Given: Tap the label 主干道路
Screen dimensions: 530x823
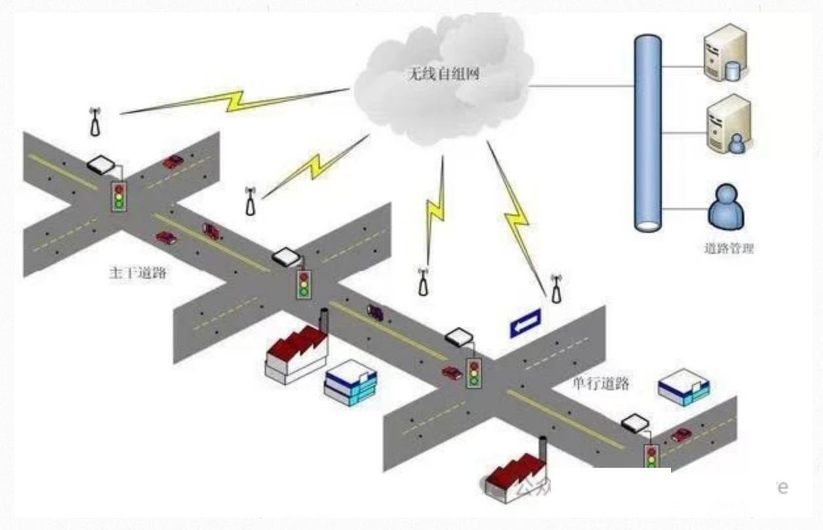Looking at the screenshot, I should (137, 273).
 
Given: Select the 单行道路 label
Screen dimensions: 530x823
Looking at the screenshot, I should (600, 383).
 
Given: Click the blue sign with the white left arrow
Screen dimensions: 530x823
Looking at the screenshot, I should (526, 322).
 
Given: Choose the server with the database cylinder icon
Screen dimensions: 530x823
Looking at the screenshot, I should (725, 52).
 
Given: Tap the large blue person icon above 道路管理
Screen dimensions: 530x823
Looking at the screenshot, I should (726, 207).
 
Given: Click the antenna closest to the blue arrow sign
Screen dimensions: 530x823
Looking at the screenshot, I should (556, 289).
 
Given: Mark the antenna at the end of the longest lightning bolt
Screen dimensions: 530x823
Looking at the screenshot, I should (96, 122).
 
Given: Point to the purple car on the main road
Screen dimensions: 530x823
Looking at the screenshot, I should (375, 311).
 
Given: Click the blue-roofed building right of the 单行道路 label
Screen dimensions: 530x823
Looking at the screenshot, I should (683, 388).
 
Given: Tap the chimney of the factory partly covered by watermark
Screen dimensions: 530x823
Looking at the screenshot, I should (543, 450).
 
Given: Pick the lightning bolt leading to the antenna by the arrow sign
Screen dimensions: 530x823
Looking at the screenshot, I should (517, 217).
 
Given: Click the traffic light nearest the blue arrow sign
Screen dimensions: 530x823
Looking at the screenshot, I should (474, 373).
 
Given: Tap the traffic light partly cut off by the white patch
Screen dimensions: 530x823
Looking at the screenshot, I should (651, 457).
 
